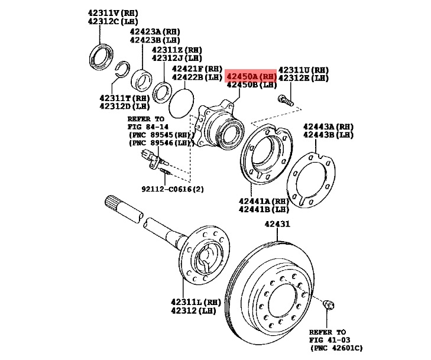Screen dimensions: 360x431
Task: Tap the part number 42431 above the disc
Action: coord(277,225)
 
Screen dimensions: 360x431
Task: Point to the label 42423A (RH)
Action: coord(155,31)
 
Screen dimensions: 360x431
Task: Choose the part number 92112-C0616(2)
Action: coord(172,189)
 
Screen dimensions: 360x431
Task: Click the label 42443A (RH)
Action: coord(328,127)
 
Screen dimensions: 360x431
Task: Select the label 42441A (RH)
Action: coord(264,201)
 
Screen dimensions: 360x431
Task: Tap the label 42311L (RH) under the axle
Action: coord(196,302)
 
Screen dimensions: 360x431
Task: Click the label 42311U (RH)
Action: coord(303,69)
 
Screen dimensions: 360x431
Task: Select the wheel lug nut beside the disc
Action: coord(329,305)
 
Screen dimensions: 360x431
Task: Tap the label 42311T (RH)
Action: coord(124,98)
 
